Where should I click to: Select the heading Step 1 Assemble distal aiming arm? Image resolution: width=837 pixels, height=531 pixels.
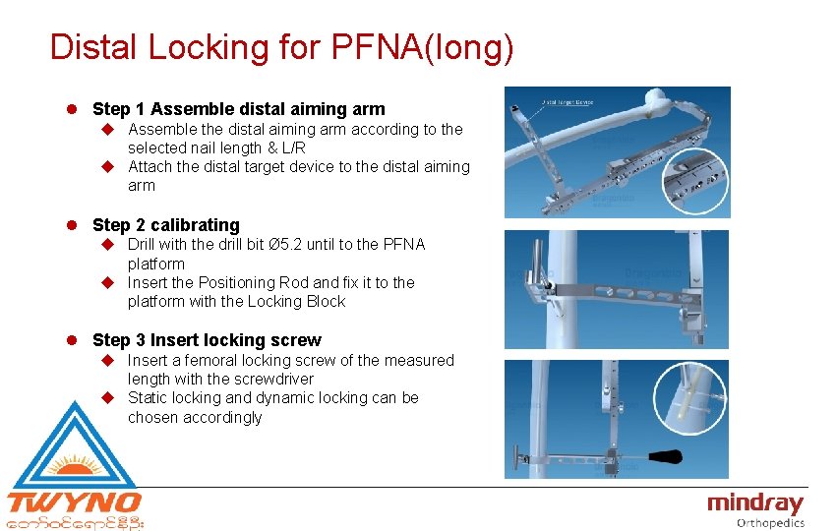coord(238,109)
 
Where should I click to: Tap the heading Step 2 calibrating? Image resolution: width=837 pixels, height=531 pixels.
coord(165,225)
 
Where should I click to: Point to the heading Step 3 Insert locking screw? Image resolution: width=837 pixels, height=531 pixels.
coord(207,340)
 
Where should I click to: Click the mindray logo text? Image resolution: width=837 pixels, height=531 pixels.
coord(755,504)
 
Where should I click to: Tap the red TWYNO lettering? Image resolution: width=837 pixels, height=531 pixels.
coord(75,503)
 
